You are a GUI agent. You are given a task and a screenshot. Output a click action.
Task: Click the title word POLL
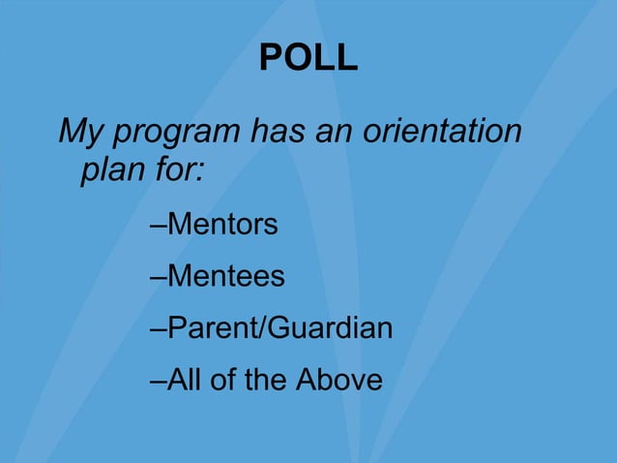[x=308, y=59]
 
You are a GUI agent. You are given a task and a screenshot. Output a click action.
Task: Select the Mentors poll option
[x=222, y=225]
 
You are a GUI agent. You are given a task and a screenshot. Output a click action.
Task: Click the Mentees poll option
[x=226, y=276]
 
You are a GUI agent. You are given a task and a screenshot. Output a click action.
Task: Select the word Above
[x=338, y=379]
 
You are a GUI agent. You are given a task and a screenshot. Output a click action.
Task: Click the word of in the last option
[x=223, y=379]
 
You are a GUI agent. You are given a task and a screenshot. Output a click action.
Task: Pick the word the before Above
[x=265, y=379]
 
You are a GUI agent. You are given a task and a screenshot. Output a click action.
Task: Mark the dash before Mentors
[x=159, y=227]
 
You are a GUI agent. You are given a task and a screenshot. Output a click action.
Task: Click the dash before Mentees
[x=159, y=278]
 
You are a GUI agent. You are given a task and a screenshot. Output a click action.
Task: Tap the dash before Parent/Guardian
[x=159, y=329]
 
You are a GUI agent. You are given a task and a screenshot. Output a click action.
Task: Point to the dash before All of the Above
[x=159, y=381]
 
